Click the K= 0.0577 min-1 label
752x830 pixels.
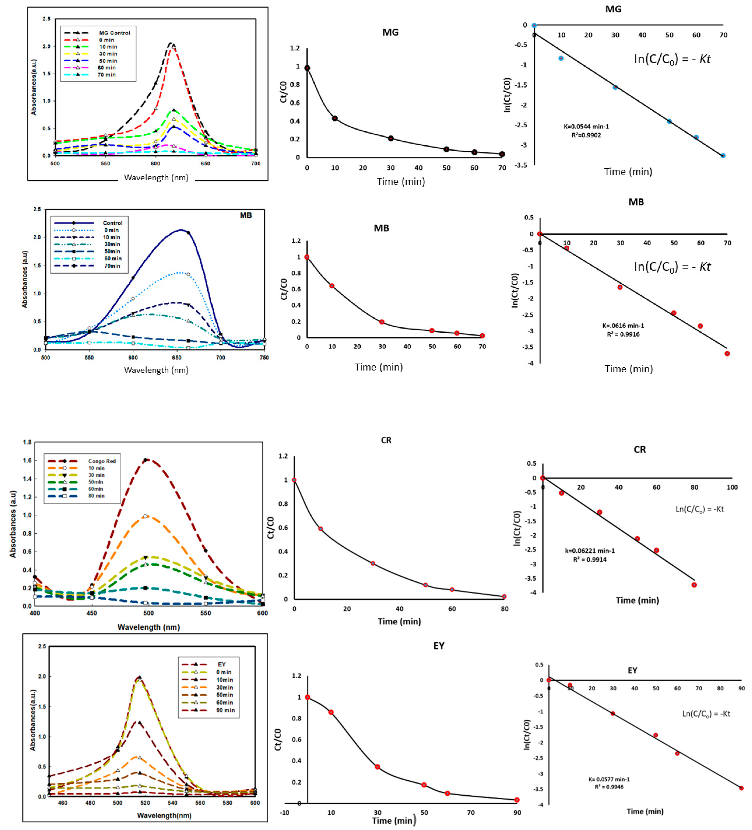609,779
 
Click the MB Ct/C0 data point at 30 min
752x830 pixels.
382,322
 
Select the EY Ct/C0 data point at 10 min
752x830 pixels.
331,712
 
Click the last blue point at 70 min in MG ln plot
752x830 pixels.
723,156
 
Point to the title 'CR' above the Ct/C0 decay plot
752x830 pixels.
386,440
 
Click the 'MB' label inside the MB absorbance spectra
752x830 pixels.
246,215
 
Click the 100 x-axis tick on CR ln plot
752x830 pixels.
732,487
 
